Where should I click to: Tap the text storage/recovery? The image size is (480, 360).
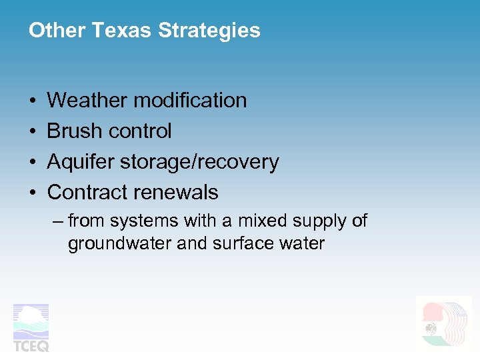tap(199, 162)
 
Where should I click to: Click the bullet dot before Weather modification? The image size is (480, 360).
tap(33, 101)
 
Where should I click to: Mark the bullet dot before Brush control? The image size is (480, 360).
tap(33, 132)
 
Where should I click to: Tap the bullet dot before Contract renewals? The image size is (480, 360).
tap(33, 193)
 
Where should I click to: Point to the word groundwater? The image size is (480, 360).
tap(119, 243)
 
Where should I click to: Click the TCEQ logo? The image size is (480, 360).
tap(31, 327)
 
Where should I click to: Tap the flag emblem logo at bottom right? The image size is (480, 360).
tap(443, 323)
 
